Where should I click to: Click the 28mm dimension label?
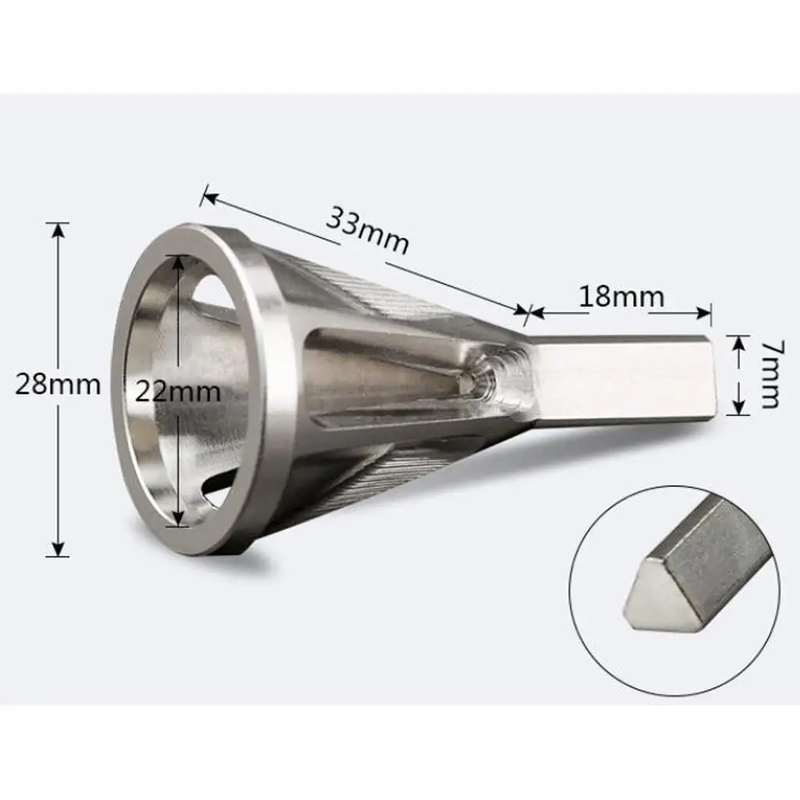click(x=58, y=385)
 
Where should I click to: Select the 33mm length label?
click(x=367, y=230)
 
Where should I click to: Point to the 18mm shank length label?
click(x=621, y=297)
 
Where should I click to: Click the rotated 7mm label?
click(x=769, y=374)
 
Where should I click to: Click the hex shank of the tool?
click(x=617, y=381)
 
